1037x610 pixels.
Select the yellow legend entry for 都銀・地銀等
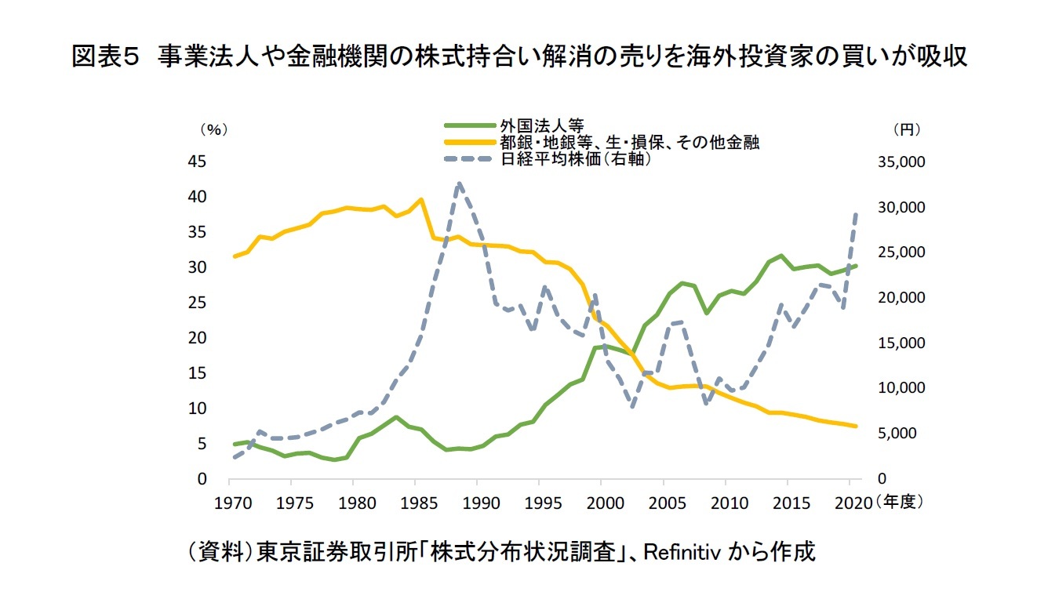[x=628, y=142]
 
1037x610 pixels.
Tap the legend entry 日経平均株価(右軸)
[x=576, y=158]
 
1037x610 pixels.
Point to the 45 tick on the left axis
[x=197, y=162]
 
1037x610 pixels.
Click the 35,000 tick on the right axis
[x=904, y=162]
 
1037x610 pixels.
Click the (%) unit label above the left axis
[x=213, y=129]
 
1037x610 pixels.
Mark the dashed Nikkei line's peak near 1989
[x=459, y=183]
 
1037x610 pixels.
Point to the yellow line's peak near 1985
[x=421, y=199]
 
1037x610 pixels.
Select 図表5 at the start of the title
[x=105, y=57]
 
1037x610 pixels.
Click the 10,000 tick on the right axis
[x=904, y=388]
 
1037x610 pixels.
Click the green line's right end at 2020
[x=856, y=266]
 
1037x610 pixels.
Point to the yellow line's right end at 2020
[x=856, y=426]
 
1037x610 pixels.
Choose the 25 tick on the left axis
[x=197, y=303]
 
